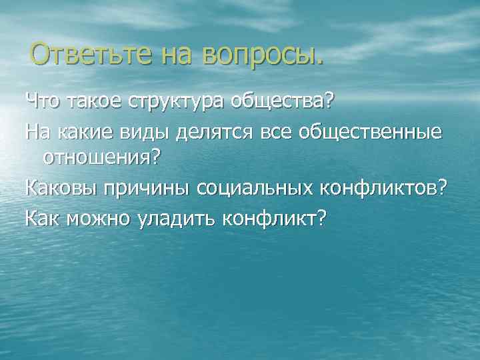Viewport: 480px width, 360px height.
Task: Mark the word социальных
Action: pos(253,189)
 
